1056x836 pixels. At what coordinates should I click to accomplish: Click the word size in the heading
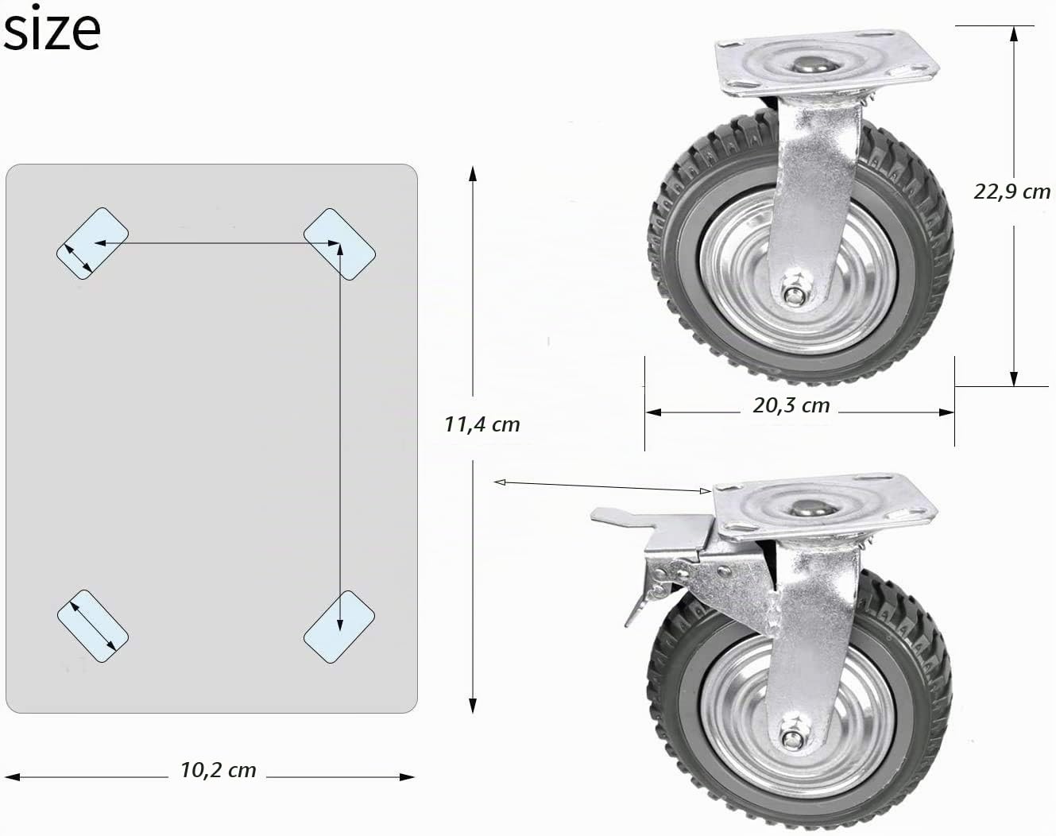(52, 29)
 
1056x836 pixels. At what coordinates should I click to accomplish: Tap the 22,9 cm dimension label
(1012, 192)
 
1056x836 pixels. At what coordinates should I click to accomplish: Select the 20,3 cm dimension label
(791, 405)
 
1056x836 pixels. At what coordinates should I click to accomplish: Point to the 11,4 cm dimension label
(482, 424)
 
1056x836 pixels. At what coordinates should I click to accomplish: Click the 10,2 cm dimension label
(219, 770)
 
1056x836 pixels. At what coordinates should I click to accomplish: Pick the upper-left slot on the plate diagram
(92, 243)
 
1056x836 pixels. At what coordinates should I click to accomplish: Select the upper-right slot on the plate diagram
(339, 244)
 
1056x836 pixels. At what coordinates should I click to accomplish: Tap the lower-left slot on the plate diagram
(93, 626)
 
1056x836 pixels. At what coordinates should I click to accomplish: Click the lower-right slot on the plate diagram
(339, 627)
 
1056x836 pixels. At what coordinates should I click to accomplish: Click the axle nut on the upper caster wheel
(791, 295)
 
